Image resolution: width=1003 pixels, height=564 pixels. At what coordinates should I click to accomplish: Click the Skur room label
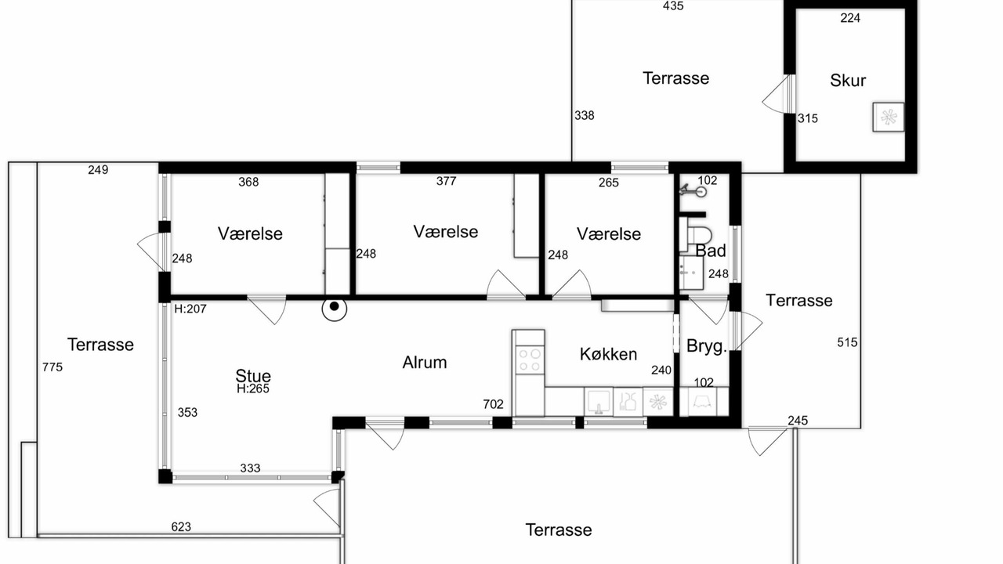pos(848,81)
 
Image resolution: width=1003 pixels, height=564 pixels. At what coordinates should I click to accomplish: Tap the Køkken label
pos(608,354)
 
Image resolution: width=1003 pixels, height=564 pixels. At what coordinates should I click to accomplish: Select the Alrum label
pos(425,362)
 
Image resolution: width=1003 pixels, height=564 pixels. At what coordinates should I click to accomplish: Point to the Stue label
pos(253,375)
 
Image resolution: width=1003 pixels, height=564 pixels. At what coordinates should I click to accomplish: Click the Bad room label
pos(711,251)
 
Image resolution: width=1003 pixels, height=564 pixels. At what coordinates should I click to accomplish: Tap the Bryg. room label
pos(706,346)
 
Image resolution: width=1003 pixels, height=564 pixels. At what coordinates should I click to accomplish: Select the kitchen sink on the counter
pos(599,402)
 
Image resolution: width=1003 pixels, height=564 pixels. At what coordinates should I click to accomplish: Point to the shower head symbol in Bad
pos(693,190)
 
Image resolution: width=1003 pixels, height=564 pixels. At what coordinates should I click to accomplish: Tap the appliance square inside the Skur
pos(889,117)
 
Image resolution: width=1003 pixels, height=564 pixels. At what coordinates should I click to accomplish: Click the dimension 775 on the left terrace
pos(53,367)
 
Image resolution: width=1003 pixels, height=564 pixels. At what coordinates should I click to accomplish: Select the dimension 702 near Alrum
pos(493,404)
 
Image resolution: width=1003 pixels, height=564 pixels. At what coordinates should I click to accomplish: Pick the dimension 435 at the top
pos(673,5)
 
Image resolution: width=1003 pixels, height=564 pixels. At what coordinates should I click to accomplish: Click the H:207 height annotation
pos(190,309)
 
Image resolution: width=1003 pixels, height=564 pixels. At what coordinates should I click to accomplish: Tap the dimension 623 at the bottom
pos(181,527)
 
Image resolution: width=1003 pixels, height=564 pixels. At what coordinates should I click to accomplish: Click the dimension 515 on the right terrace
pos(847,342)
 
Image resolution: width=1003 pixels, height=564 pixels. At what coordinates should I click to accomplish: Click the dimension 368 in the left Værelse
pos(248,182)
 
